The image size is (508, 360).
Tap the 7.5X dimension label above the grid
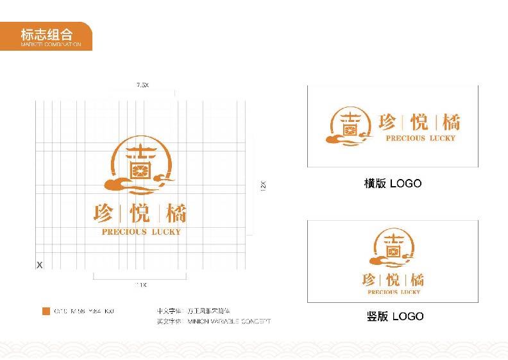[x=142, y=85]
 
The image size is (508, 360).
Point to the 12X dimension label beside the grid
[x=263, y=186]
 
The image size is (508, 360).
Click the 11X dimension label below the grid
[x=140, y=284]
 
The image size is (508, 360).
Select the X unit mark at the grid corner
[x=39, y=264]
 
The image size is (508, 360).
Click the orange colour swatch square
[x=46, y=311]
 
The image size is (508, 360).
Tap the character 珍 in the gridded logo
[x=105, y=213]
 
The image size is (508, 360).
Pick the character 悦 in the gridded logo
[x=140, y=213]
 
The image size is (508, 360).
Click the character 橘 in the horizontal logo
[x=450, y=122]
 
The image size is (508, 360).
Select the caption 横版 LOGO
[x=393, y=184]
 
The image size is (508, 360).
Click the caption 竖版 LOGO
[x=394, y=316]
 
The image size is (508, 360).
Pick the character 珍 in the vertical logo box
[x=369, y=279]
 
